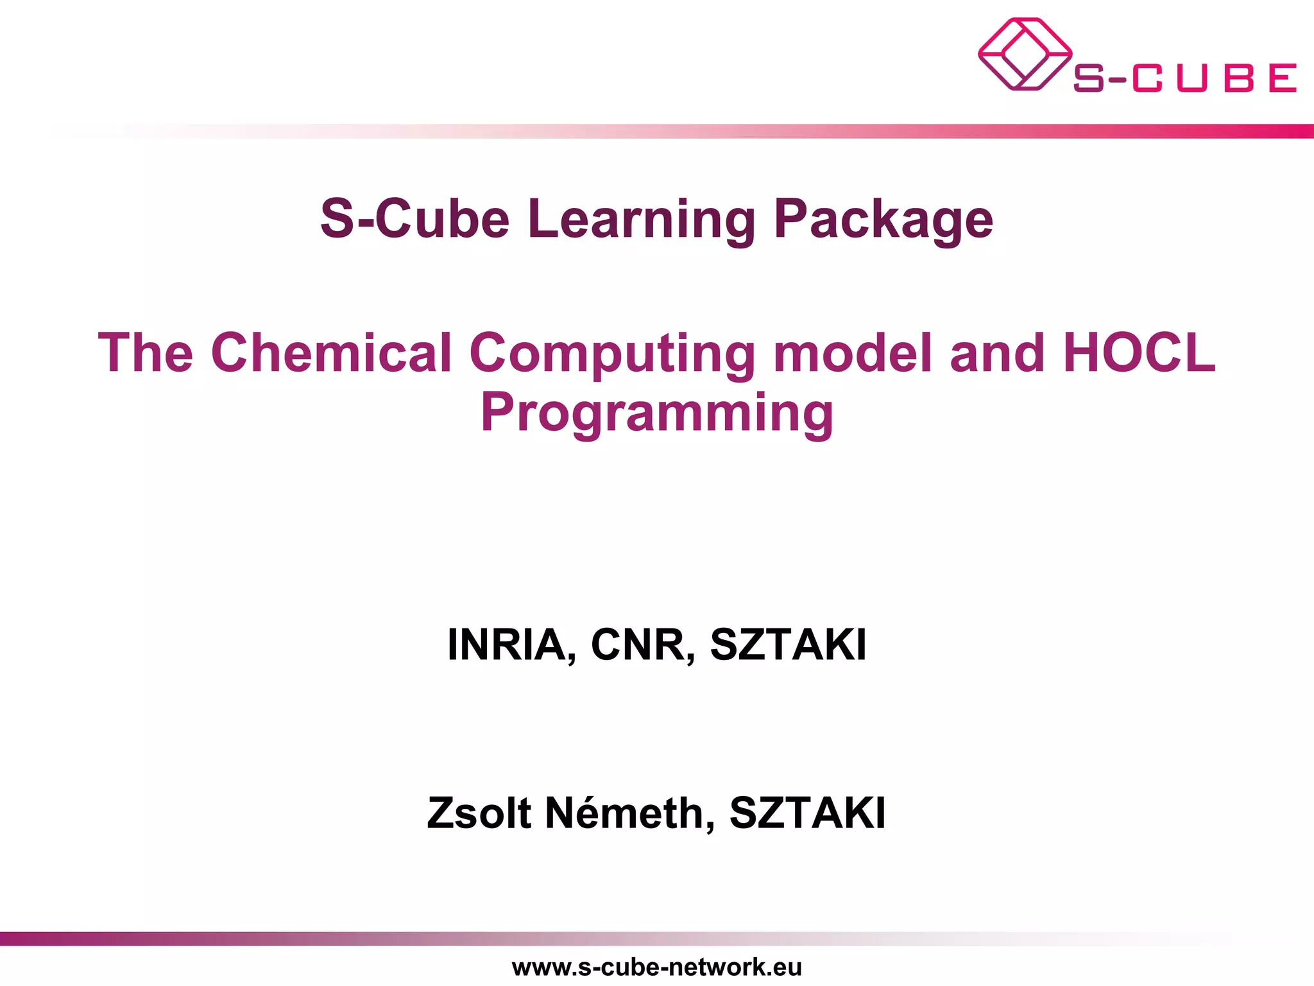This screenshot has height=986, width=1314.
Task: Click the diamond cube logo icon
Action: pyautogui.click(x=1024, y=54)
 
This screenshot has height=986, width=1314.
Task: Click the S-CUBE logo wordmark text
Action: pyautogui.click(x=1184, y=78)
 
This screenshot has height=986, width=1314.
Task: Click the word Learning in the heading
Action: pyautogui.click(x=642, y=220)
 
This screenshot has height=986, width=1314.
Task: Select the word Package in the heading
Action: pyautogui.click(x=883, y=220)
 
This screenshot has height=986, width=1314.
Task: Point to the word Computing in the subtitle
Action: pyautogui.click(x=613, y=353)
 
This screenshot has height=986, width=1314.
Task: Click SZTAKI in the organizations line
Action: pyautogui.click(x=789, y=644)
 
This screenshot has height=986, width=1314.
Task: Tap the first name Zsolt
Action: pyautogui.click(x=479, y=813)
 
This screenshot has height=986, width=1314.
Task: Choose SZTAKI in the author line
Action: pyautogui.click(x=808, y=813)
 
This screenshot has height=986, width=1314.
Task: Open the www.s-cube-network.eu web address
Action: pyautogui.click(x=657, y=967)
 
